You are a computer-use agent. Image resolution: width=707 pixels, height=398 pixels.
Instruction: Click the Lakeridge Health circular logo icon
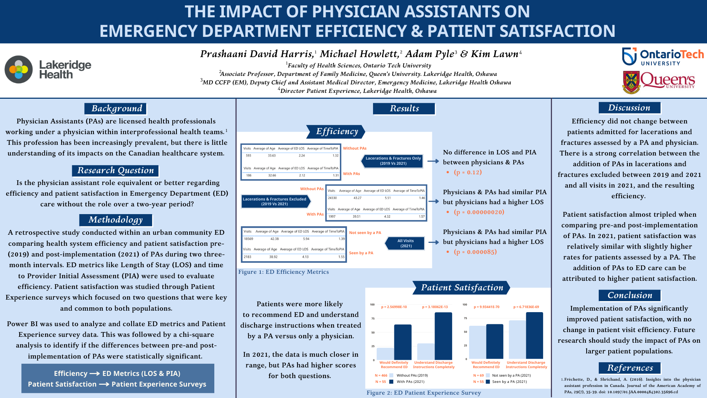tap(19, 69)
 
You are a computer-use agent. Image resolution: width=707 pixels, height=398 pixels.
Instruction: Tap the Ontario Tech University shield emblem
tap(629, 56)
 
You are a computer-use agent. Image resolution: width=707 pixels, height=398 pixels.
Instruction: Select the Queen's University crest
tap(631, 82)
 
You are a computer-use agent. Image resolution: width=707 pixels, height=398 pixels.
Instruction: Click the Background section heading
tap(116, 108)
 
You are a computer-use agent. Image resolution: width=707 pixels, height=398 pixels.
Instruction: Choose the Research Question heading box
tap(115, 170)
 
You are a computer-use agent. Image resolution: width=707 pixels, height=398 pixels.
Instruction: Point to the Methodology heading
tap(115, 220)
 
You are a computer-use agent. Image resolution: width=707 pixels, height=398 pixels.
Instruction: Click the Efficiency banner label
tap(337, 132)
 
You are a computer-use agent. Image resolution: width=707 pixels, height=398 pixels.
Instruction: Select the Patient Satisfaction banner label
tap(462, 287)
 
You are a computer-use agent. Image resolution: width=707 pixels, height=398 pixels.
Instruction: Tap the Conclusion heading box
tap(629, 295)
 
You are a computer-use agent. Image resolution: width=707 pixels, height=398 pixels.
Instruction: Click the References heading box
tap(630, 368)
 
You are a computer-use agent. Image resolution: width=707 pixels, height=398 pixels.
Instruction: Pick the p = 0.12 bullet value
tap(468, 172)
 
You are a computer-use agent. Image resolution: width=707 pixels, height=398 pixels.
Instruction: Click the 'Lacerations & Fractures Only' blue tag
tap(393, 161)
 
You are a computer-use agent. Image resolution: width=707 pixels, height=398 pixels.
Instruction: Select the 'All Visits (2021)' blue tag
tap(405, 243)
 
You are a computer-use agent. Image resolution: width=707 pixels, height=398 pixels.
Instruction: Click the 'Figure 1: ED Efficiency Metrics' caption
tap(284, 272)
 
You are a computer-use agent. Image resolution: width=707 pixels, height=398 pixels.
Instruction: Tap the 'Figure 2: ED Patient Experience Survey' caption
tap(423, 393)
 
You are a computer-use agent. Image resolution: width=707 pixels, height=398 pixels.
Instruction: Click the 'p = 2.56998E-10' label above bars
tap(394, 307)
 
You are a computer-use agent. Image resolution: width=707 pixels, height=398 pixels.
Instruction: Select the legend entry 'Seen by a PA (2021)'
tap(509, 382)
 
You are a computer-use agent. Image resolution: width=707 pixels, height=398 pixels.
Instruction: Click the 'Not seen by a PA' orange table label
tap(365, 233)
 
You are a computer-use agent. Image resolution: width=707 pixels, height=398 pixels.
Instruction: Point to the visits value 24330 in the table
tap(332, 198)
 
